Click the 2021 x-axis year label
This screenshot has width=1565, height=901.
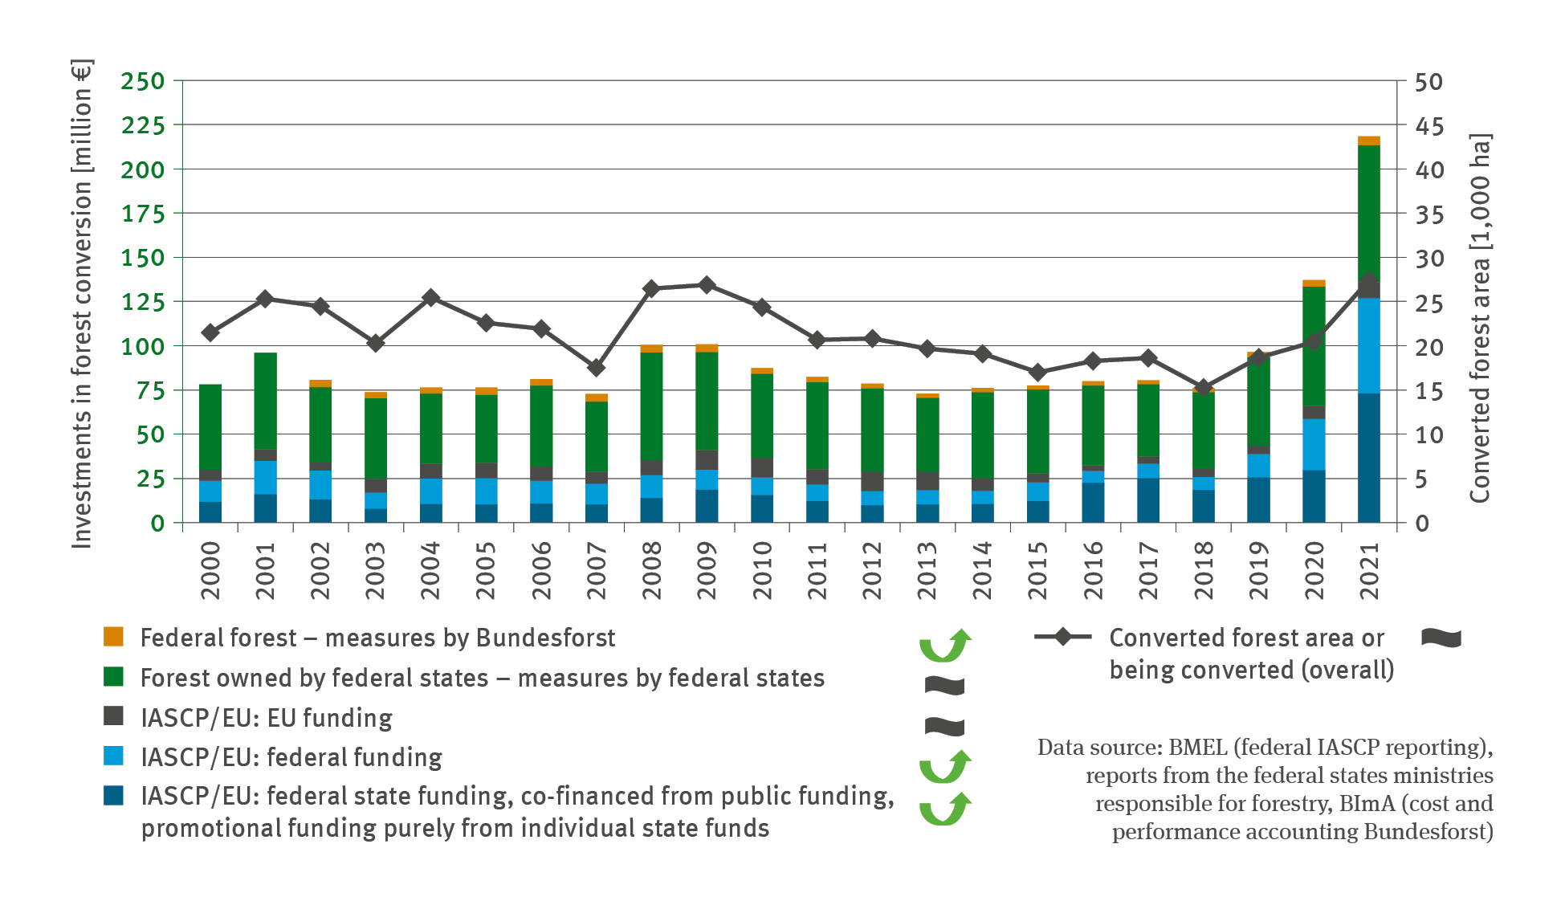coord(1369,570)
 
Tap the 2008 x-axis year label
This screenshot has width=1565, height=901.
coord(652,570)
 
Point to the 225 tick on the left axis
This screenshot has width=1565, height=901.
coord(143,125)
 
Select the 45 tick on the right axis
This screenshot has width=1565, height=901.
coord(1428,126)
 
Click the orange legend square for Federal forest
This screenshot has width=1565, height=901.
coord(113,637)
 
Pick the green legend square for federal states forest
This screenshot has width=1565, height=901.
coord(113,677)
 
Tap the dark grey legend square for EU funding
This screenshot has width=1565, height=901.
coord(113,716)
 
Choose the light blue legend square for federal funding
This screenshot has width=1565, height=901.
coord(113,756)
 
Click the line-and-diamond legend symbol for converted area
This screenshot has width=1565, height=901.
coord(1062,637)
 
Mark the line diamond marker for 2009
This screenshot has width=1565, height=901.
coord(707,285)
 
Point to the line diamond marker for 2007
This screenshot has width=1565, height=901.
coord(596,368)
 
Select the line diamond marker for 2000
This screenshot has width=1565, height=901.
coord(210,332)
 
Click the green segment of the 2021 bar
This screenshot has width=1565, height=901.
coord(1369,209)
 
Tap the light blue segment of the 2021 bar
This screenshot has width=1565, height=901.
coord(1369,345)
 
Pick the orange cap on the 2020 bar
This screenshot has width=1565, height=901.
coord(1314,283)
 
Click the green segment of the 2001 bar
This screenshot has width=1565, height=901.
coord(266,400)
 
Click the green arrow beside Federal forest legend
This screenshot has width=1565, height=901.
coord(945,646)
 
